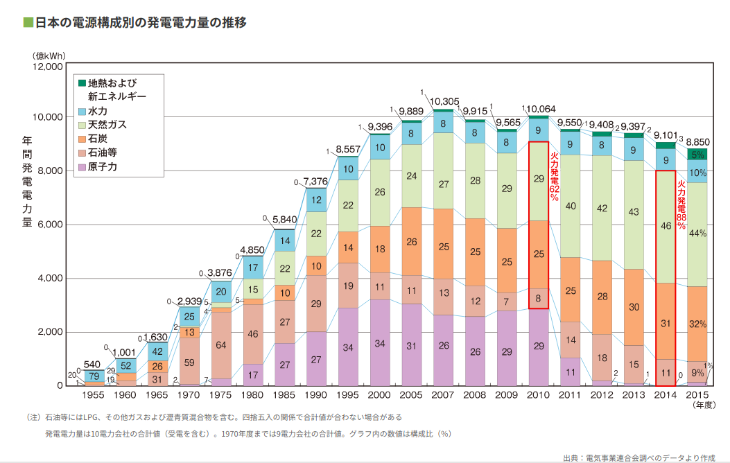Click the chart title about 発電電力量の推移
[135, 22]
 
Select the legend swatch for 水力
[82, 111]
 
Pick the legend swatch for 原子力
[82, 167]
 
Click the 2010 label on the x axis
[539, 394]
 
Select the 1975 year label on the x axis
[220, 394]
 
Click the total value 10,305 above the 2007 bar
[444, 102]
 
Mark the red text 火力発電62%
[554, 177]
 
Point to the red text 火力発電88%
[681, 205]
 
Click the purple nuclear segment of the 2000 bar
[380, 342]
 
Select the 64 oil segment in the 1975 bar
[220, 344]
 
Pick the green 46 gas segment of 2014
[666, 226]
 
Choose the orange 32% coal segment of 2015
[697, 324]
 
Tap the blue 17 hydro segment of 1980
[252, 268]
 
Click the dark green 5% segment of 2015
[697, 154]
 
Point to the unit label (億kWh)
[47, 55]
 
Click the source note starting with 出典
[638, 457]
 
